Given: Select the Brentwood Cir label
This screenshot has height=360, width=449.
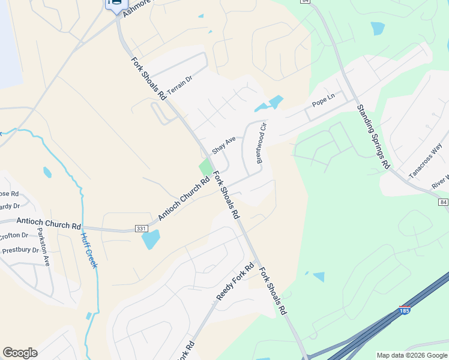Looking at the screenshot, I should point(261,143).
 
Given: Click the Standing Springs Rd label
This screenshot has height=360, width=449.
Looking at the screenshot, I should point(373,136).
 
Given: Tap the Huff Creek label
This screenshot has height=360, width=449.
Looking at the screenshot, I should point(89,250).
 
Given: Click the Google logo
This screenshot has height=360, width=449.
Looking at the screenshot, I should point(20,353).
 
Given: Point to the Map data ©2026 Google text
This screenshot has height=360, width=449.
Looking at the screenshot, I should point(412,355).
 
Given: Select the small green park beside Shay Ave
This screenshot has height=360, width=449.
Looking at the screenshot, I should point(206,167).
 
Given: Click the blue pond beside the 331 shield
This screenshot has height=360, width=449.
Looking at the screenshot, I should point(151,240).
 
